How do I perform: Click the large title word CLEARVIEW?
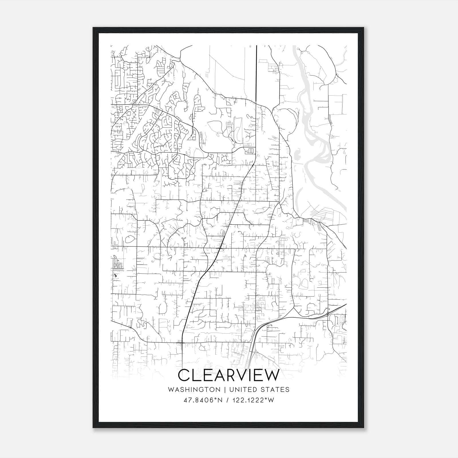tap(228, 375)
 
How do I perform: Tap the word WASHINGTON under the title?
tap(194, 390)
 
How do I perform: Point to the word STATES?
tap(276, 390)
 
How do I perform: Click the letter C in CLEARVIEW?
tap(184, 375)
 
